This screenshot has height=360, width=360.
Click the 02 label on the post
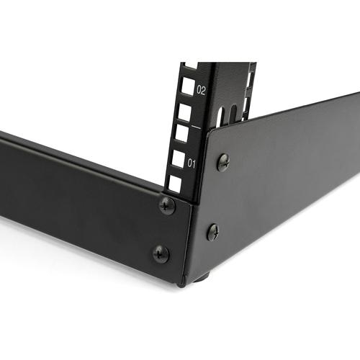(200, 91)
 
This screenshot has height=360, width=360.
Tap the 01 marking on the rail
(192, 163)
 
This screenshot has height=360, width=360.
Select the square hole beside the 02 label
(187, 86)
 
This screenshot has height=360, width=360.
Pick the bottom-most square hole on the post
(175, 184)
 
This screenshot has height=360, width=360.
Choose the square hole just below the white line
(181, 134)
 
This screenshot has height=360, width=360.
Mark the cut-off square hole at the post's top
(190, 66)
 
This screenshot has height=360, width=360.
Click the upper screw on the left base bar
(167, 206)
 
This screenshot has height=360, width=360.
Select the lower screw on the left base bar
(161, 253)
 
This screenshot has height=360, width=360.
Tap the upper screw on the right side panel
(223, 162)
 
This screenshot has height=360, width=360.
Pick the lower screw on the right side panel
(213, 232)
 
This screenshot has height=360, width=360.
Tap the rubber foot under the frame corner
(202, 276)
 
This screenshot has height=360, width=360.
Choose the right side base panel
(288, 180)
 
